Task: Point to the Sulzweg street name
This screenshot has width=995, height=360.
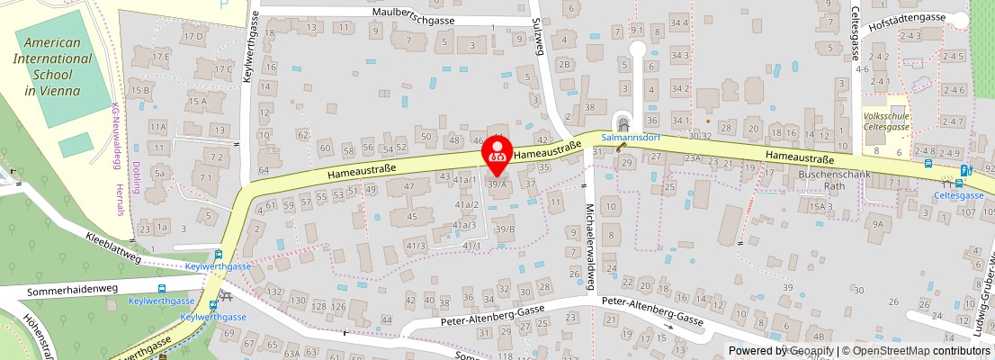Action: point(539,37)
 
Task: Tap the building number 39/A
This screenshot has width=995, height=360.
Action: point(497,184)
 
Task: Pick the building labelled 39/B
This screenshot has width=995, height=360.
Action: point(504,229)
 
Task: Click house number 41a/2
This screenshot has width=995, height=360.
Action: point(465,204)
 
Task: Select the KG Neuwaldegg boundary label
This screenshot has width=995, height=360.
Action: point(116,130)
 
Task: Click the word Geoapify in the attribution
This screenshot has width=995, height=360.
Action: point(811,351)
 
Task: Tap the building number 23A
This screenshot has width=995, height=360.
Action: point(692,158)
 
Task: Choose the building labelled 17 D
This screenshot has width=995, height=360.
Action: point(192,37)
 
